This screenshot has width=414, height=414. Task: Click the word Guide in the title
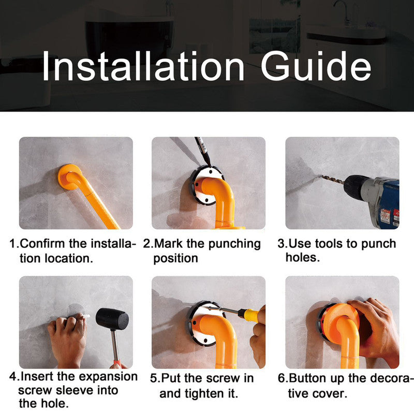point(316,66)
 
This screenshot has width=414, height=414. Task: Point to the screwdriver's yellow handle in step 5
point(250,314)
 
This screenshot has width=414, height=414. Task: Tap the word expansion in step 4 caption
point(106,376)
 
